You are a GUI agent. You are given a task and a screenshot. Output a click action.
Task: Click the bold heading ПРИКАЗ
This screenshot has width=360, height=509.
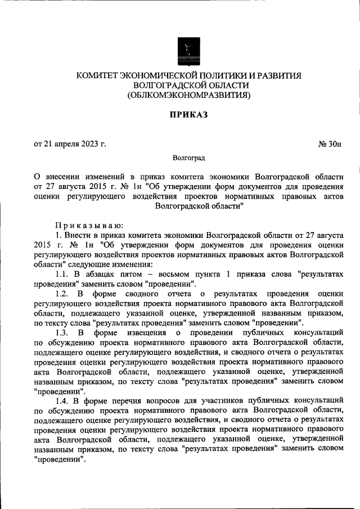point(188,115)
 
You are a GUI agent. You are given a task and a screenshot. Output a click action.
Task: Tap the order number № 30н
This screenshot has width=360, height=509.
point(330,144)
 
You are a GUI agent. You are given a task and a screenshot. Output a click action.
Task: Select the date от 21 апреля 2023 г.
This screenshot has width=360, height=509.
point(70,144)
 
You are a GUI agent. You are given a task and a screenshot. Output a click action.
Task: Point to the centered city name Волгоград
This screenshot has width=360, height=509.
point(188,160)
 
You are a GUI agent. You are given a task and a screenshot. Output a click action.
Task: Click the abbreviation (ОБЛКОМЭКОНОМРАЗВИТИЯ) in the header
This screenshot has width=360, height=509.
point(188,95)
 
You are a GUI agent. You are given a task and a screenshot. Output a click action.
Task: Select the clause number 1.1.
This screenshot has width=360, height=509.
point(63,274)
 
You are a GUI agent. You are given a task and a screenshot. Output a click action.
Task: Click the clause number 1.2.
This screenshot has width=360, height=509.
point(63,294)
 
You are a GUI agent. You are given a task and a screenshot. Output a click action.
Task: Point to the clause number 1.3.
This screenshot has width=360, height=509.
point(63,333)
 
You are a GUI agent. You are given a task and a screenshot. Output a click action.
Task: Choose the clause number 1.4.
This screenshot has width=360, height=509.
point(63,402)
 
